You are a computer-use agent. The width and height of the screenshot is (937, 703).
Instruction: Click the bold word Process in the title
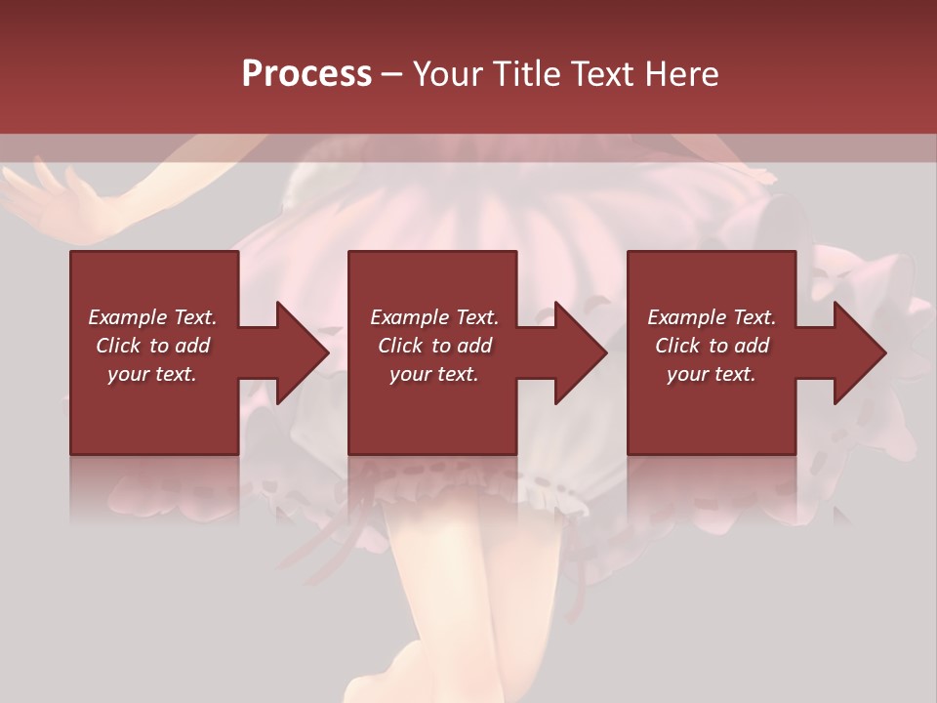click(x=306, y=73)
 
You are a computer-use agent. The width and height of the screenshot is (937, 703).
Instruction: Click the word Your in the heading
click(x=449, y=73)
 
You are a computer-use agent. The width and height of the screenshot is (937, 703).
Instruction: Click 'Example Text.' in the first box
click(x=152, y=317)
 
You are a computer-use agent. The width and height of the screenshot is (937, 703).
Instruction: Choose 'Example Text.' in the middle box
click(x=434, y=317)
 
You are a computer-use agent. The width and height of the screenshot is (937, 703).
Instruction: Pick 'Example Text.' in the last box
click(x=712, y=317)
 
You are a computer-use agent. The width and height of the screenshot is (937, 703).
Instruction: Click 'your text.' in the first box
click(x=152, y=374)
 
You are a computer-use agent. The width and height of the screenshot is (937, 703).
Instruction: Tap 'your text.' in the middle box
click(x=434, y=374)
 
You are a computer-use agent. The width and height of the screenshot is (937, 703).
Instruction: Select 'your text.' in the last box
click(x=712, y=374)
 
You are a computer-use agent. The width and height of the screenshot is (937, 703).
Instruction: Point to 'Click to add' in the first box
click(x=152, y=346)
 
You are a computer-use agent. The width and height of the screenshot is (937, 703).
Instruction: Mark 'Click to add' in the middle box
click(x=434, y=346)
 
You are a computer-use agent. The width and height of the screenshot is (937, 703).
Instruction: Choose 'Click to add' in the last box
click(x=712, y=346)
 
